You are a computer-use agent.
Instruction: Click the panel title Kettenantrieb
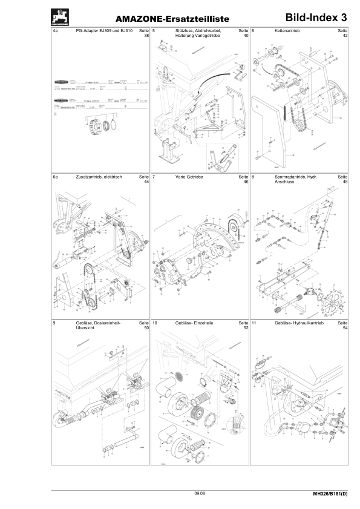point(287,30)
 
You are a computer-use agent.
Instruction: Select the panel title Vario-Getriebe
point(189,177)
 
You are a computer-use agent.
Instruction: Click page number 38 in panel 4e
point(146,36)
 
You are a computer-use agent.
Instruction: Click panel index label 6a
point(56,177)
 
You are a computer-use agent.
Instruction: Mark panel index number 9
point(54,324)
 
